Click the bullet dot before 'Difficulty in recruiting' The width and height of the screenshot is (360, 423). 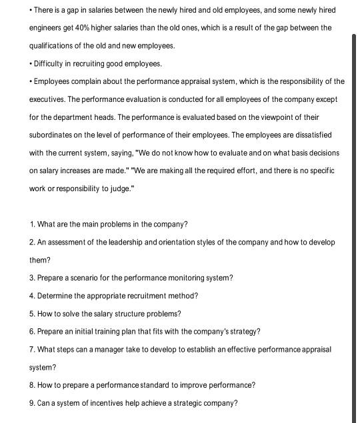[x=31, y=64]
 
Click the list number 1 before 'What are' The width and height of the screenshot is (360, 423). [x=32, y=224]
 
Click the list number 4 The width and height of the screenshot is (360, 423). [x=32, y=296]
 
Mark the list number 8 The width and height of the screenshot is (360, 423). [x=32, y=385]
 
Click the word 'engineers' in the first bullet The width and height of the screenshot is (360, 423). [x=49, y=28]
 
